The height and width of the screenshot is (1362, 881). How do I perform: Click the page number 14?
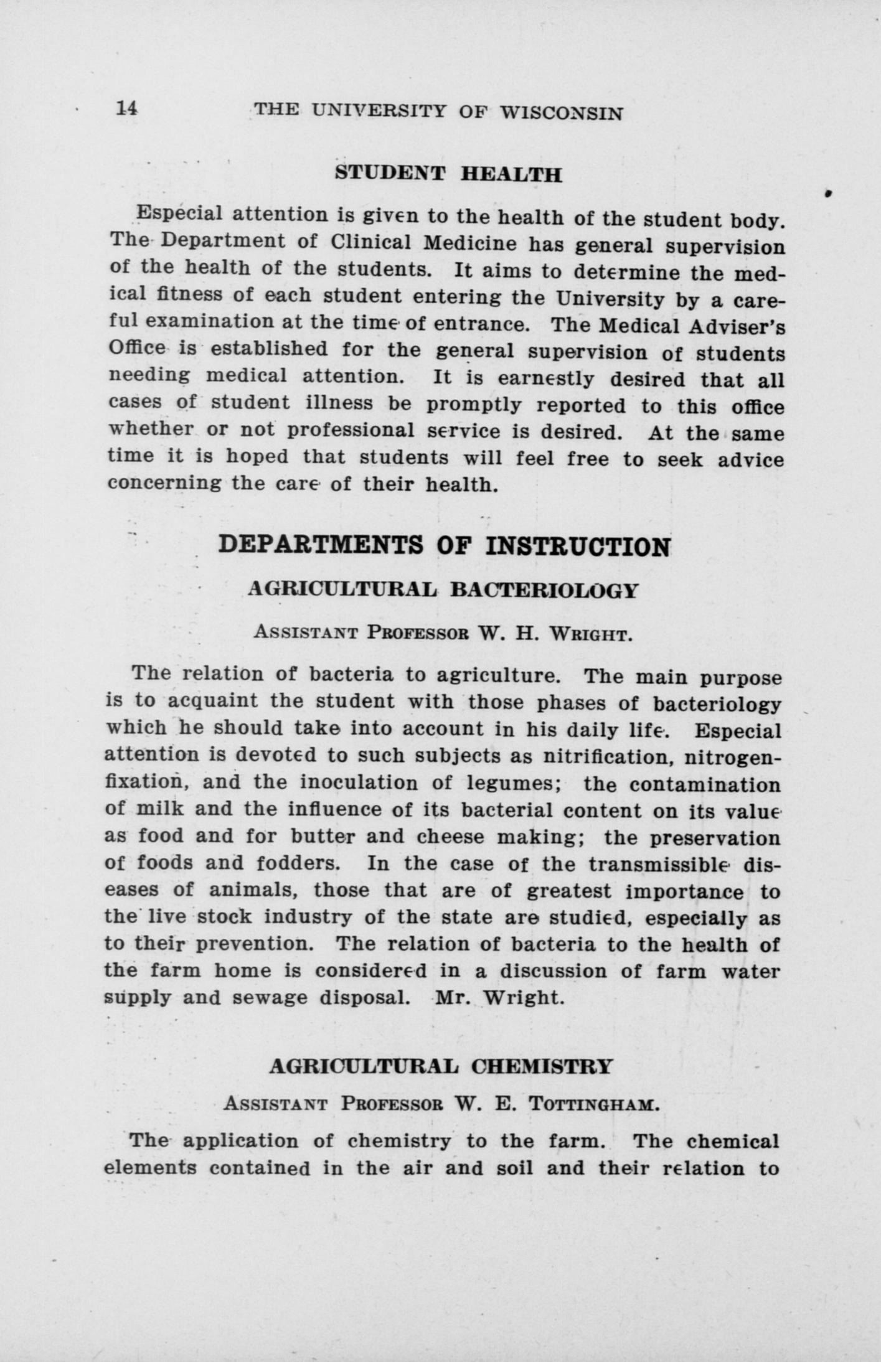tap(126, 108)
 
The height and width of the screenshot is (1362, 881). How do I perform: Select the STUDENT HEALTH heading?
tap(448, 173)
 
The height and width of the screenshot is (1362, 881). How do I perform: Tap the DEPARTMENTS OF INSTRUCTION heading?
tap(445, 546)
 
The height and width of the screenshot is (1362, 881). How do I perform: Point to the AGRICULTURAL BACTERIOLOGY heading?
tap(443, 590)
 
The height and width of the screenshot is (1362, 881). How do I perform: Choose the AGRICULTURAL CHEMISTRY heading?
tap(441, 1066)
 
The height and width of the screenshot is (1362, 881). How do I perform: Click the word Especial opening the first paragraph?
tap(180, 214)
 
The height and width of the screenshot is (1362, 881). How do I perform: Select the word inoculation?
tap(356, 783)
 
